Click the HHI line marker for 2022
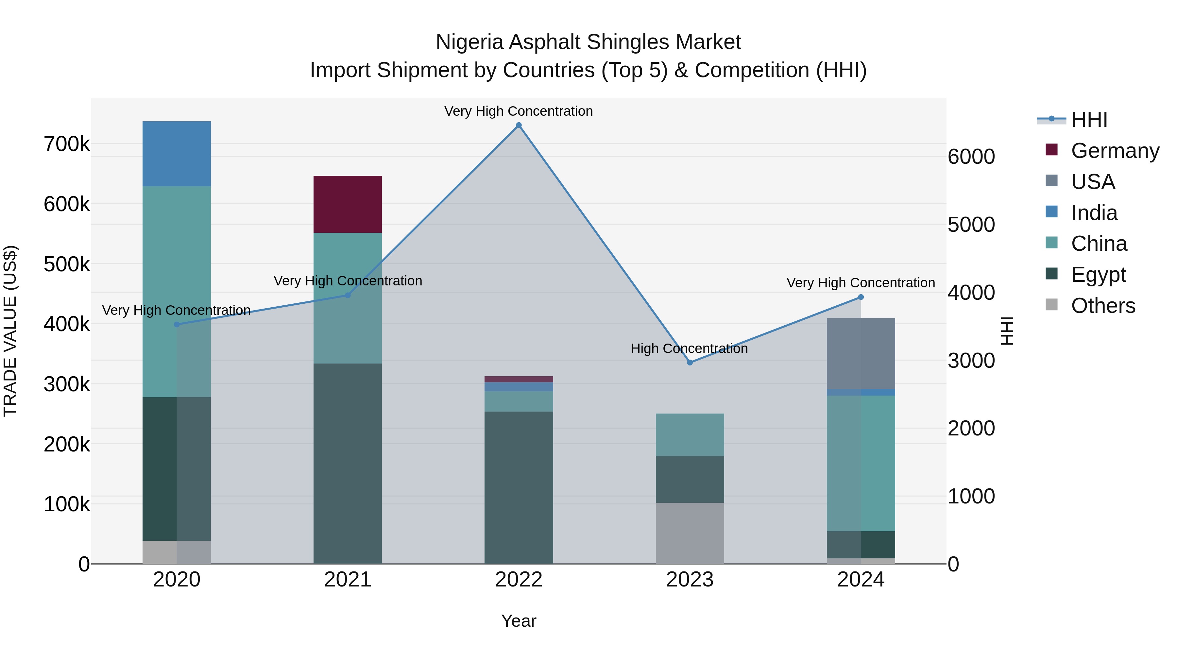[x=519, y=125]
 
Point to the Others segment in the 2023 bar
[x=690, y=533]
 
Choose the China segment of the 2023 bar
[x=690, y=434]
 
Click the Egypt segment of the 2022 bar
[x=519, y=487]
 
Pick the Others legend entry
[x=1103, y=306]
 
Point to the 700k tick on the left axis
[x=67, y=144]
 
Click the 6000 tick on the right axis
[x=971, y=157]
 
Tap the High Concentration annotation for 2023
[x=689, y=348]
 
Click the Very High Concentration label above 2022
[x=519, y=111]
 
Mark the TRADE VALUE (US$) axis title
[x=10, y=331]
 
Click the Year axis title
[x=519, y=621]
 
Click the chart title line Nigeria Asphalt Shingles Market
[x=588, y=42]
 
